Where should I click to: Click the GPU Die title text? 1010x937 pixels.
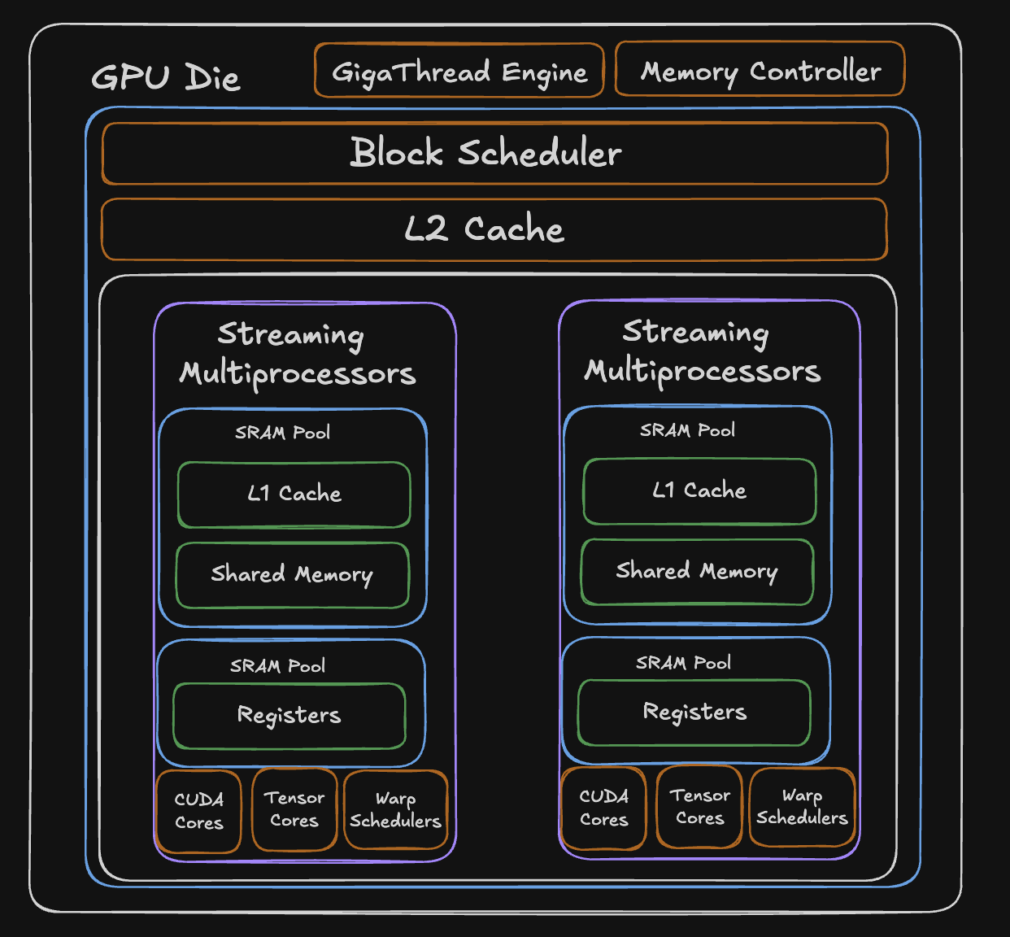(x=166, y=78)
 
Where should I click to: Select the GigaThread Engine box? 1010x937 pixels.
(x=459, y=72)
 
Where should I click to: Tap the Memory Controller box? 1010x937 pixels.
(x=760, y=71)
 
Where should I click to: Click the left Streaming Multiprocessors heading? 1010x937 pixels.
(x=296, y=354)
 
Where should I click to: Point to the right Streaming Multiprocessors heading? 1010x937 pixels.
(x=701, y=351)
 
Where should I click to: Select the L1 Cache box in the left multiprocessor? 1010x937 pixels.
(x=294, y=494)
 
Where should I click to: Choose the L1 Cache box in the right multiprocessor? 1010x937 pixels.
(x=699, y=490)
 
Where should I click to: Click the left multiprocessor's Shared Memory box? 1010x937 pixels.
(x=292, y=574)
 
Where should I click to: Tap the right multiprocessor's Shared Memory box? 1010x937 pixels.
(x=697, y=571)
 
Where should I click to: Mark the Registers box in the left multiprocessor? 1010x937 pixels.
(x=290, y=715)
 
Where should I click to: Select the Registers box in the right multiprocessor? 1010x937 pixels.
(x=694, y=712)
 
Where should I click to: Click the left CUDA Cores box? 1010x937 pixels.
(x=198, y=811)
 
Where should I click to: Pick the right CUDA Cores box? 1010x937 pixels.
(x=603, y=808)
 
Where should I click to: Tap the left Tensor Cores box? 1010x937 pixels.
(x=294, y=809)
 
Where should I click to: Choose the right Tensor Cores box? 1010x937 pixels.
(x=699, y=806)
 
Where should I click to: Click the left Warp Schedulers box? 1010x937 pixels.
(x=396, y=809)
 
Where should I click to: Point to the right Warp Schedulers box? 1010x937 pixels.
(x=802, y=806)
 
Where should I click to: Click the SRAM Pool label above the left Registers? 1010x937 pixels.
(x=277, y=666)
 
